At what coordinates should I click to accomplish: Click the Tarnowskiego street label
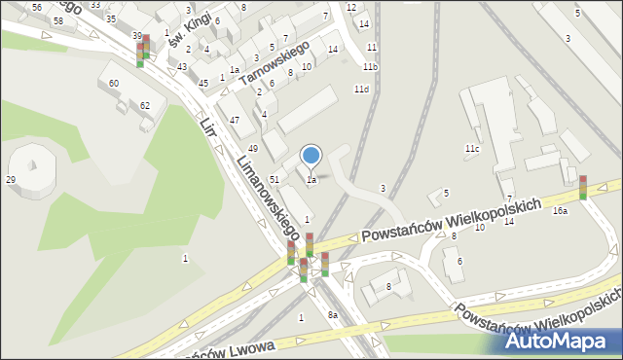275,62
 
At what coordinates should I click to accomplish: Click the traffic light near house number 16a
582,187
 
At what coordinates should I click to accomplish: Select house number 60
114,84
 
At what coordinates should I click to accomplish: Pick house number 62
145,105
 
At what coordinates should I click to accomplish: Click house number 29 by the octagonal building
11,180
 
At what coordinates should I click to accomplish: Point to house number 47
235,120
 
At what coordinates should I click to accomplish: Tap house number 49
252,148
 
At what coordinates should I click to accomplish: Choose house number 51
275,180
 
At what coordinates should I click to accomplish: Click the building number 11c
471,149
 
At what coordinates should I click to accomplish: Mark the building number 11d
361,90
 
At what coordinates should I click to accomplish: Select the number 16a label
560,211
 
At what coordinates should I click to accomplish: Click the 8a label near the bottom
332,315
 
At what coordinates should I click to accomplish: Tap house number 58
58,20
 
